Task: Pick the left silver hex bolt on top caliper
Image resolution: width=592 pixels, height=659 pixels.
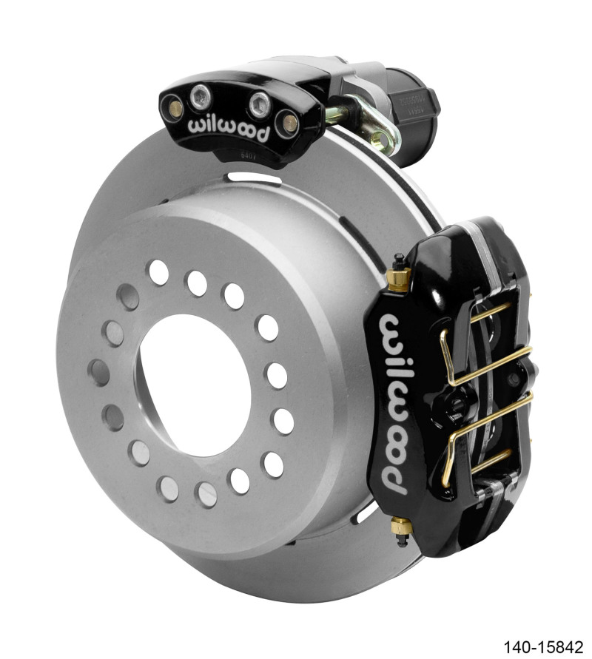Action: click(198, 95)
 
